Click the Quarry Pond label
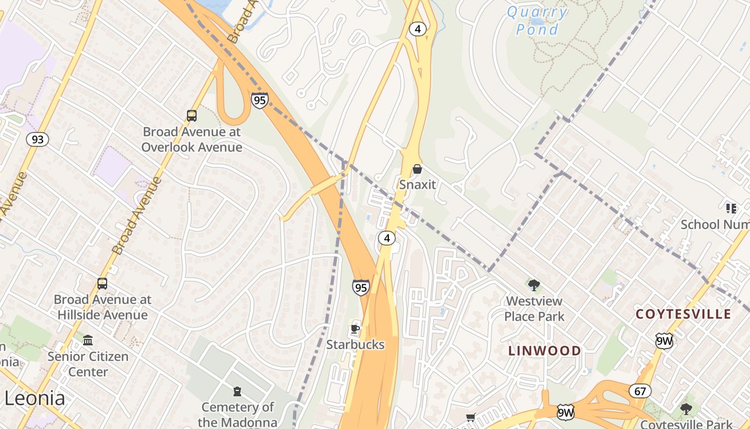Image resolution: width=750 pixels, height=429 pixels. coord(536,20)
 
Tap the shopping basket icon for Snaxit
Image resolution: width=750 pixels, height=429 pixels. coord(417,169)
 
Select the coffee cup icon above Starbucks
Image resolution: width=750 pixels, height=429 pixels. coord(355,328)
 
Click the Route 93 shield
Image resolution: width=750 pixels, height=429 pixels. coord(37,140)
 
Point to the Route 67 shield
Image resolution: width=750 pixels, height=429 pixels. coord(640,391)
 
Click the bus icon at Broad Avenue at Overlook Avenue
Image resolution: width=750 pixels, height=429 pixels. coord(191,116)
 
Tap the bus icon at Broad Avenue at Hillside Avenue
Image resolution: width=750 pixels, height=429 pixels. coord(102,284)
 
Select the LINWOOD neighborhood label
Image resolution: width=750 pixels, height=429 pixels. coord(544,351)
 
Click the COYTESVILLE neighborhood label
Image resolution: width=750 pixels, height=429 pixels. coord(683,314)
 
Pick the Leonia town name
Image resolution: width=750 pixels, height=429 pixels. coord(35,398)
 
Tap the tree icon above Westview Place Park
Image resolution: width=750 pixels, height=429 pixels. coord(534,285)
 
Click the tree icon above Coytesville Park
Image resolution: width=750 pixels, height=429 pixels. coord(686,409)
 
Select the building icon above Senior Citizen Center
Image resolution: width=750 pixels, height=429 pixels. coord(87,341)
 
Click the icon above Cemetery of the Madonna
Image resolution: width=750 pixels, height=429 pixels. coord(237,391)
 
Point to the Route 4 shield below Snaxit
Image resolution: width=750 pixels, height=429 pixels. coord(386,238)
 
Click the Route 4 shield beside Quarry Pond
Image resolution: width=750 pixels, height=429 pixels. coord(417,29)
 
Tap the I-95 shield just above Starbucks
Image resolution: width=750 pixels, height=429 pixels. coord(361,287)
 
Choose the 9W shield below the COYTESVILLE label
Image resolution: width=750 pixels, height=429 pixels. coord(664,341)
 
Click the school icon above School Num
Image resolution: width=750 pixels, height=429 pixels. coord(731,208)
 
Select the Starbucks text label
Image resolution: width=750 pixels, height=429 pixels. coord(355,345)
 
